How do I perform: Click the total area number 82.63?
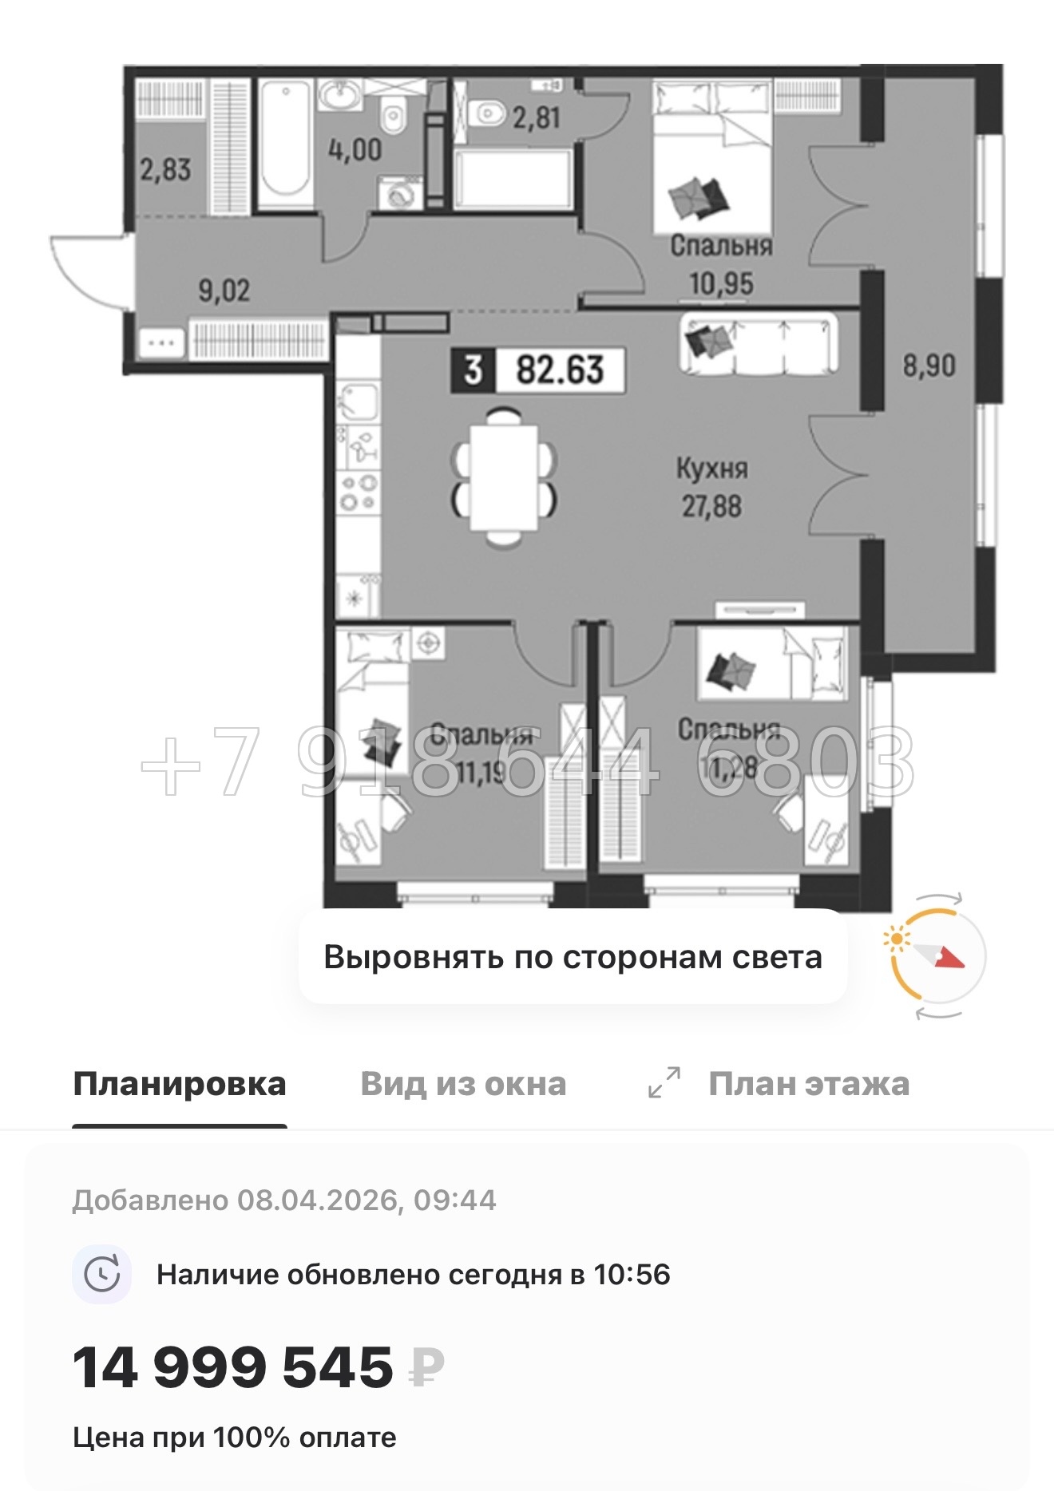tap(560, 370)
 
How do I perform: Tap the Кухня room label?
tap(711, 469)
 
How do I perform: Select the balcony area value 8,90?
tap(929, 366)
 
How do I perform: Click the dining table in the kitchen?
tap(503, 477)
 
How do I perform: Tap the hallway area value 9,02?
tap(224, 291)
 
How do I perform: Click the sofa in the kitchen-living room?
tap(759, 342)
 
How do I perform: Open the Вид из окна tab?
tap(463, 1084)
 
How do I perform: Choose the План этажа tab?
tap(808, 1084)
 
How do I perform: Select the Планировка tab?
tap(180, 1084)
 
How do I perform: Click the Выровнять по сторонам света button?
tap(573, 957)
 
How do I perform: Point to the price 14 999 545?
tap(233, 1367)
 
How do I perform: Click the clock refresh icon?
tap(102, 1274)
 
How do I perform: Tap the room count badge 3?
tap(474, 370)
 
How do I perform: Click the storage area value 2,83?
tap(165, 169)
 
